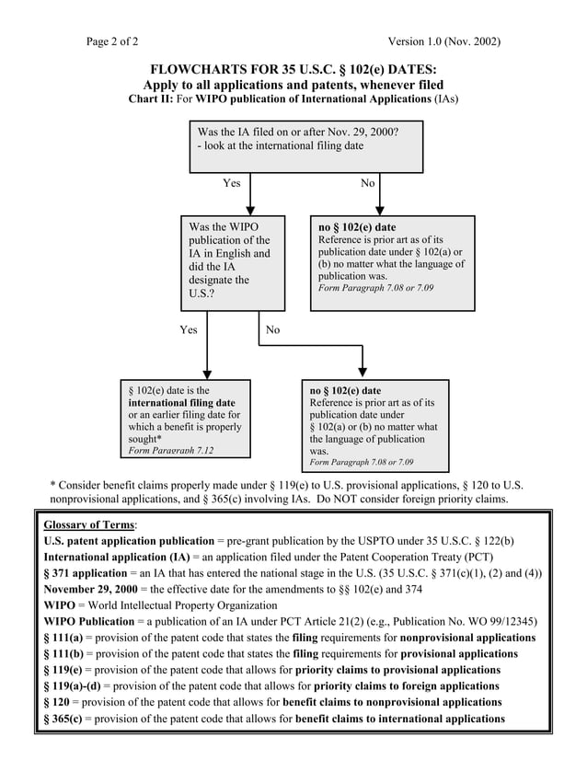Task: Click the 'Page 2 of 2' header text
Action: tap(112, 41)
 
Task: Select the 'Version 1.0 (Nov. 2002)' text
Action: tap(444, 41)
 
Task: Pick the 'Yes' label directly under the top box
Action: tap(231, 183)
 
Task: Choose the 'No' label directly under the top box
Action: tap(368, 183)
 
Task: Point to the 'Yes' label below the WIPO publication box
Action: tap(188, 329)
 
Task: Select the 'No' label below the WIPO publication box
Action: tap(272, 329)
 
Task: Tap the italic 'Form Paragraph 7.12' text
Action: tap(171, 451)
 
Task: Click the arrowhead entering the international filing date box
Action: tap(207, 374)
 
